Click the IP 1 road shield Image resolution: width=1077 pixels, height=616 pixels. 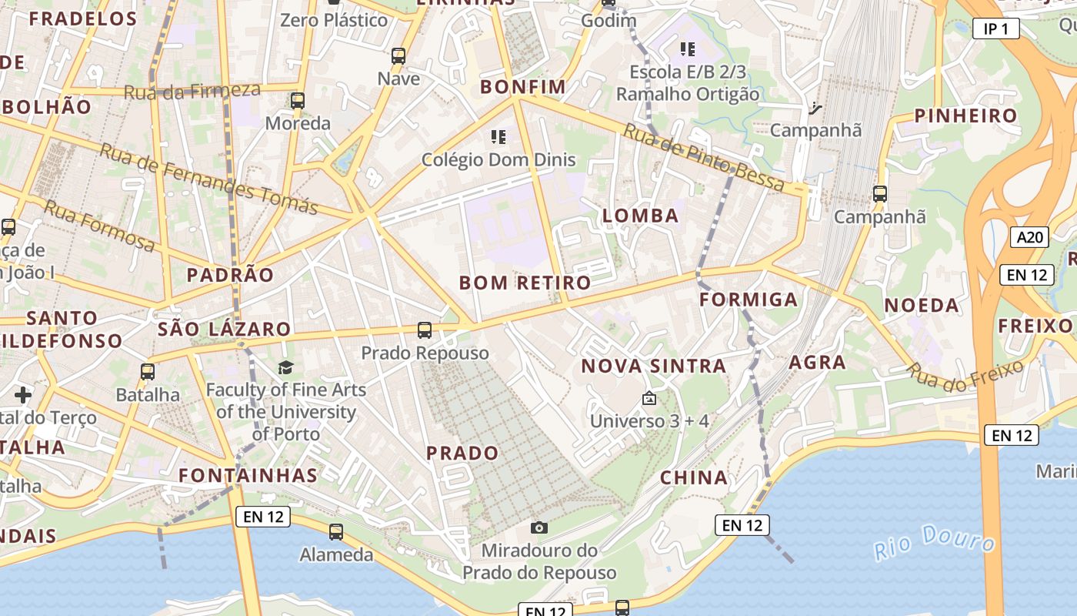[995, 29]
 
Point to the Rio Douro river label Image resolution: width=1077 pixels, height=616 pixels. [934, 542]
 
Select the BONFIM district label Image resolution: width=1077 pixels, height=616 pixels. [523, 86]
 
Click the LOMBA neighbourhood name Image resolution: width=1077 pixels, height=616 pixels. [641, 216]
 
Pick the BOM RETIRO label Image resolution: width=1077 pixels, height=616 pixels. [525, 283]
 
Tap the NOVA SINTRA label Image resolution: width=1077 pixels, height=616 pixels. [654, 366]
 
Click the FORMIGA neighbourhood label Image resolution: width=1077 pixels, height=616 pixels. [749, 300]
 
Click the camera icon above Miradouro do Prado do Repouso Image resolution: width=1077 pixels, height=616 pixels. [539, 527]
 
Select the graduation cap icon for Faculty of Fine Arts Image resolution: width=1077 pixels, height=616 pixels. [286, 367]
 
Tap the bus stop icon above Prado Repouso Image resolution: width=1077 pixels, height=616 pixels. [424, 330]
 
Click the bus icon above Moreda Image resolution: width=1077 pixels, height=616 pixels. [298, 101]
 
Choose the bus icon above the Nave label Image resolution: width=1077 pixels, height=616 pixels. [398, 55]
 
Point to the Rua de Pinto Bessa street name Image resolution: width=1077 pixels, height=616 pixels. [703, 158]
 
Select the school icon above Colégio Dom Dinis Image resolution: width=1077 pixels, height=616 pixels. [498, 137]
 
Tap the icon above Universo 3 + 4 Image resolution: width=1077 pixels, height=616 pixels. [649, 399]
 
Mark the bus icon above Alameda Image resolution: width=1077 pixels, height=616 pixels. [336, 531]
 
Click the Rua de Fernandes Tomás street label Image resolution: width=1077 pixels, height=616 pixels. [208, 179]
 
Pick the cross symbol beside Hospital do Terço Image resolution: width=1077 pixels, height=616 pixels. [23, 395]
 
